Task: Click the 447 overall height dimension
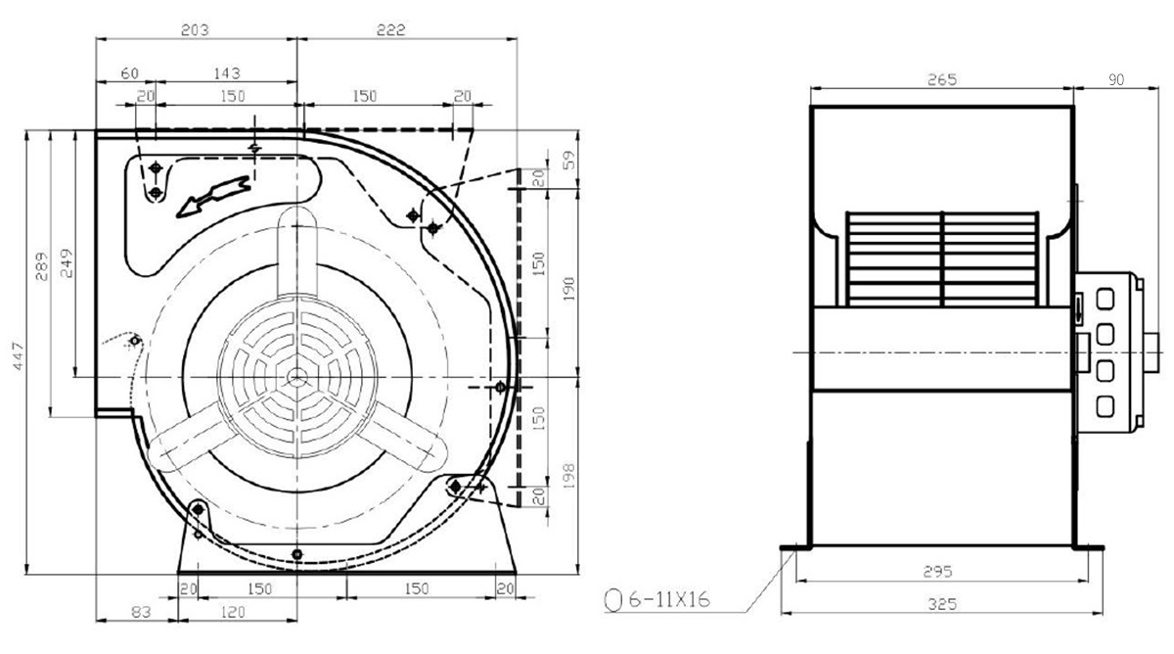[19, 356]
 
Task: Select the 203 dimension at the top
[195, 30]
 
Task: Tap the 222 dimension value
[391, 30]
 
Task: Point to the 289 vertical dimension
[41, 266]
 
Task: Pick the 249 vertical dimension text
[67, 262]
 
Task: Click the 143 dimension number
[227, 72]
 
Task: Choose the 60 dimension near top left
[130, 72]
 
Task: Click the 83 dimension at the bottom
[141, 612]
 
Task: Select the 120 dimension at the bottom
[233, 612]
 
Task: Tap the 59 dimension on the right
[569, 160]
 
